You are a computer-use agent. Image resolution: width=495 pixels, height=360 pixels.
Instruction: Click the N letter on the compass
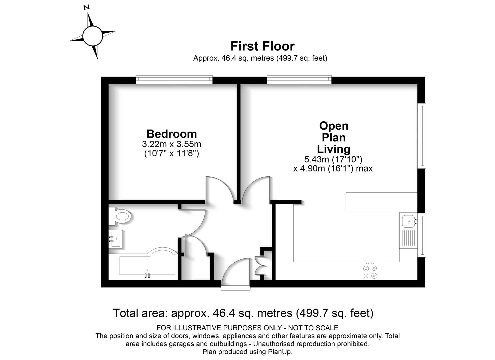pyautogui.click(x=87, y=8)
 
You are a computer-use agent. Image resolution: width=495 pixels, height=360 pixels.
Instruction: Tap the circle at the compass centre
pyautogui.click(x=93, y=36)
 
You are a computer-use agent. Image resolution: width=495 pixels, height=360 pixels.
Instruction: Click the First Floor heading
pyautogui.click(x=263, y=46)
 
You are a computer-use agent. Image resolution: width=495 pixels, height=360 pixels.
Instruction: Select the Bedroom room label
pyautogui.click(x=171, y=134)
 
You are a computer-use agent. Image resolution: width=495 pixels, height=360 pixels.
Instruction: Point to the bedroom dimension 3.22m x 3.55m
pyautogui.click(x=171, y=144)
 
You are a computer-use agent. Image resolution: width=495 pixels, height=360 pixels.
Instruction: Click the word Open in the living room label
pyautogui.click(x=334, y=126)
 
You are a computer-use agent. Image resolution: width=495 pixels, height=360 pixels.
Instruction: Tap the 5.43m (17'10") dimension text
pyautogui.click(x=333, y=159)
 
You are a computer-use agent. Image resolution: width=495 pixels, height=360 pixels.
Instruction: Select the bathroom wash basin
pyautogui.click(x=115, y=239)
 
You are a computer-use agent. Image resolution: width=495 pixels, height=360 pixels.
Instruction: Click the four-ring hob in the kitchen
pyautogui.click(x=370, y=271)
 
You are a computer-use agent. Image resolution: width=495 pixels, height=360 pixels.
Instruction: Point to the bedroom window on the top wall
pyautogui.click(x=174, y=80)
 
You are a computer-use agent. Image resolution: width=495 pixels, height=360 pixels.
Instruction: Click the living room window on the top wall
pyautogui.click(x=299, y=80)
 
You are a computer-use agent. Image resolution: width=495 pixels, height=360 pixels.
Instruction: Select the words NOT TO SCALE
pyautogui.click(x=313, y=328)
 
